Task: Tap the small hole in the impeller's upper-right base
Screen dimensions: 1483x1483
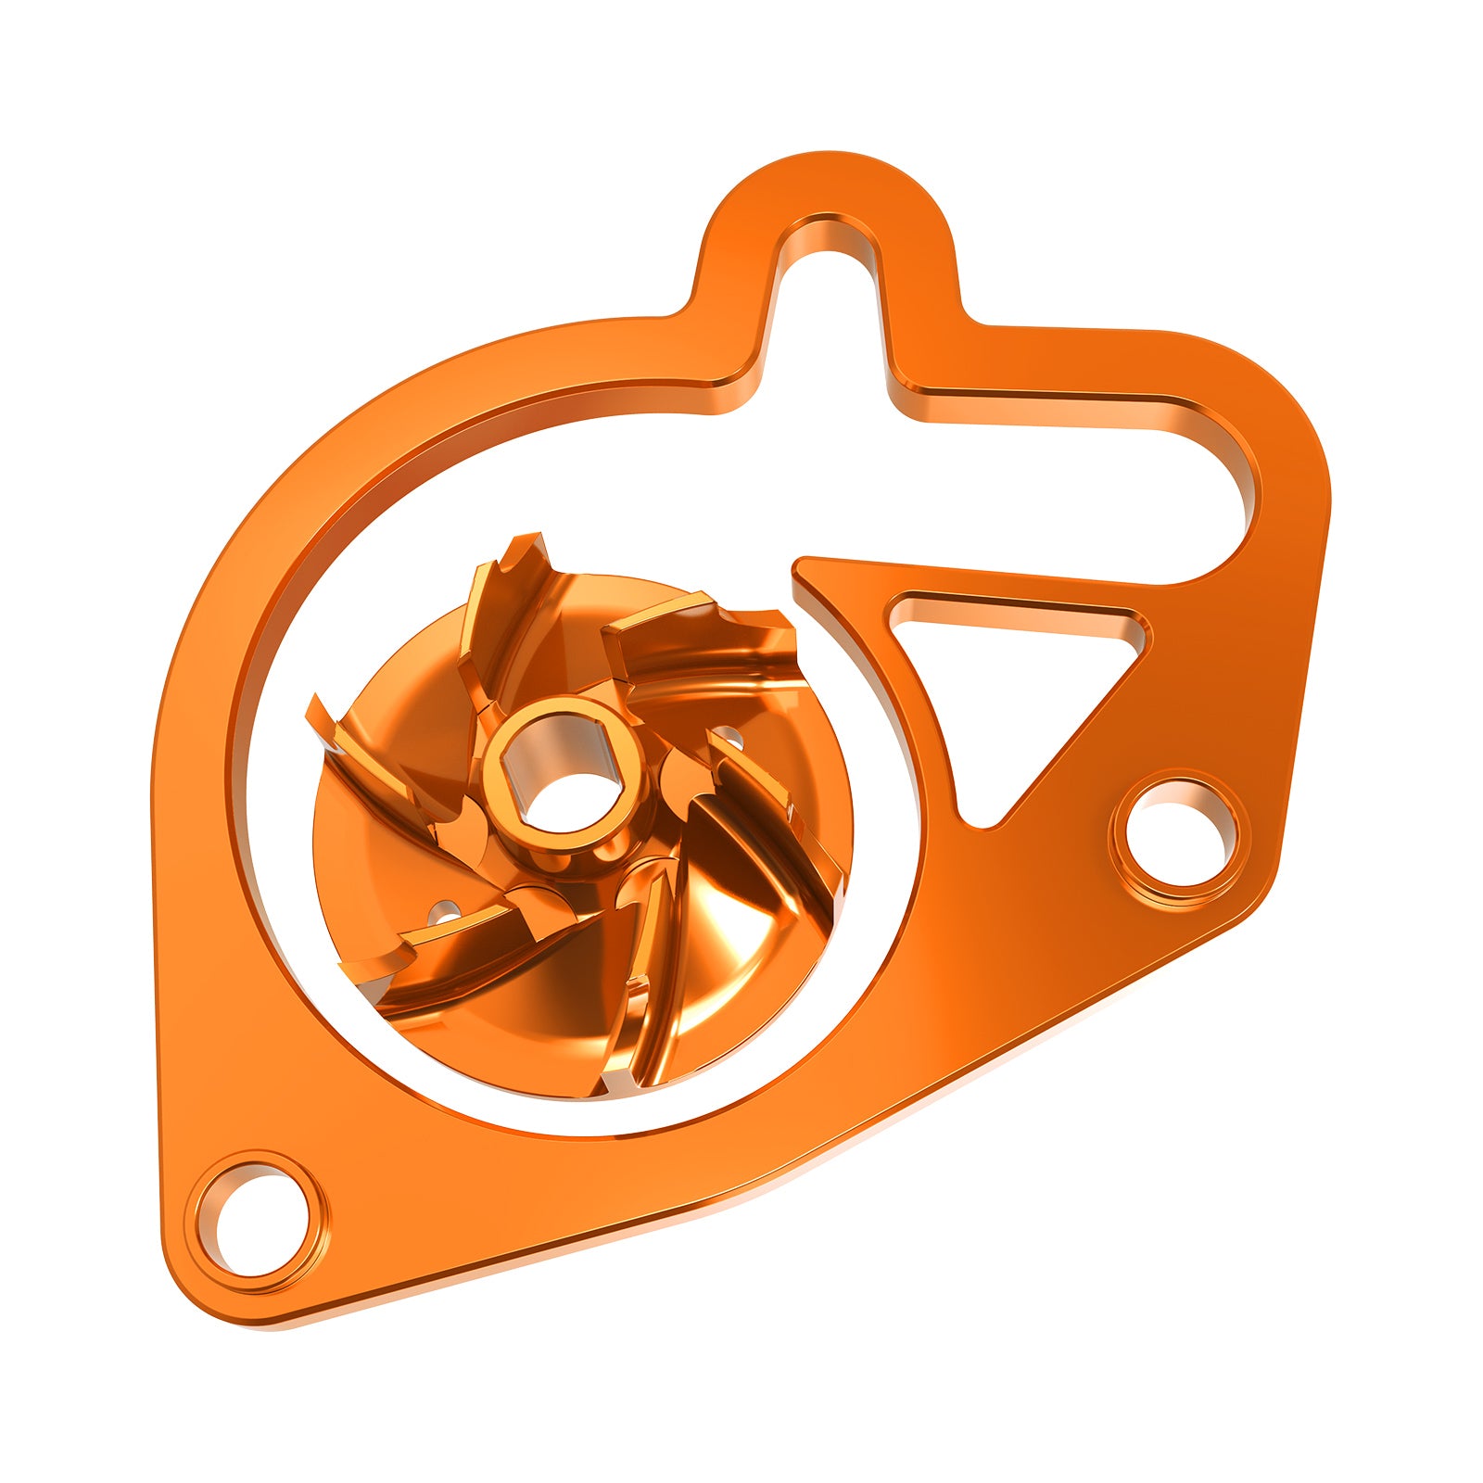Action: [x=732, y=740]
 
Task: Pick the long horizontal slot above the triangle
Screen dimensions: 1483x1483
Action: [x=1066, y=482]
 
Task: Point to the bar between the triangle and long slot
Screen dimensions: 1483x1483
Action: [x=1020, y=579]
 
